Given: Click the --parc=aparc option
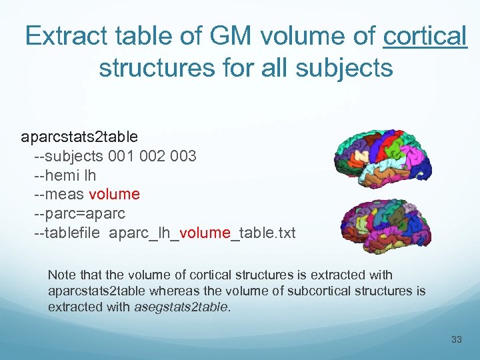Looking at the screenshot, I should pos(79,214).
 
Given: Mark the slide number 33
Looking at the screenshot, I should pos(456,340).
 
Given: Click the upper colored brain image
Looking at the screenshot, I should pos(382,158).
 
